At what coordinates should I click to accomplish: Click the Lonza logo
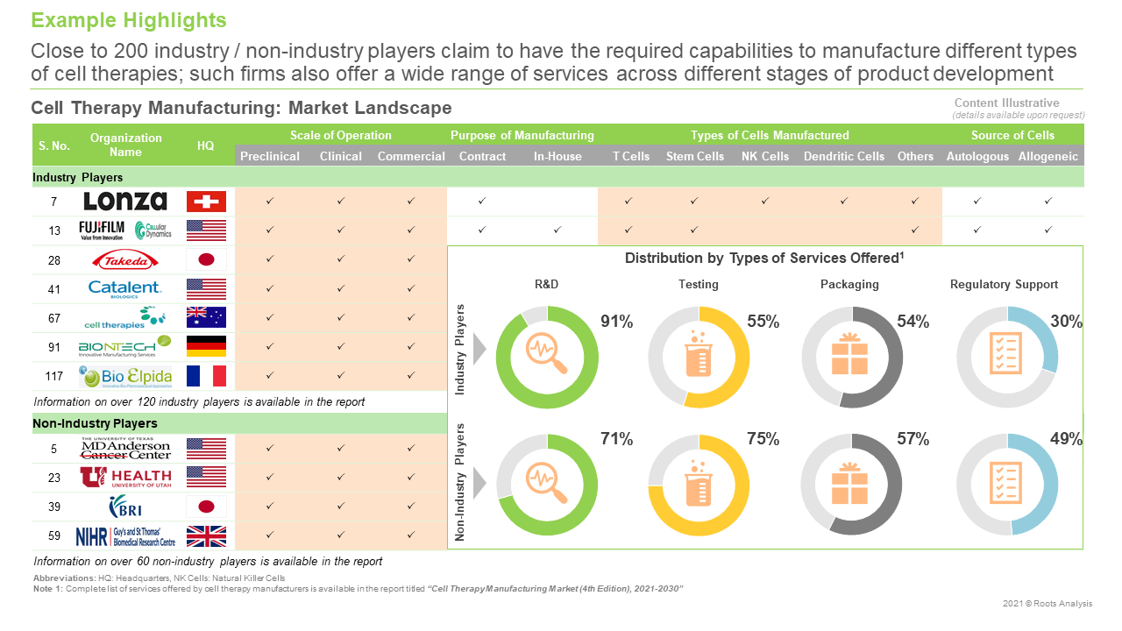125,202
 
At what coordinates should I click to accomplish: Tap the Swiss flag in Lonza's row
206,202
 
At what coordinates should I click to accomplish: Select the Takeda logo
125,259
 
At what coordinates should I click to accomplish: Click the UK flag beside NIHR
206,535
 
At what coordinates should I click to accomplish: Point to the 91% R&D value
616,322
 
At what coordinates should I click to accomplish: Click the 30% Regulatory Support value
1066,322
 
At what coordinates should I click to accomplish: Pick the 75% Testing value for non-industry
763,439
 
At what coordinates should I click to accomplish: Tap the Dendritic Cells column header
843,156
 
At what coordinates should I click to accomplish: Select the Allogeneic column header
1047,156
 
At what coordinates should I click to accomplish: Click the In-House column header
557,156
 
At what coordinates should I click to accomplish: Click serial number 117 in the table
53,377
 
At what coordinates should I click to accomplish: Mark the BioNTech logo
125,346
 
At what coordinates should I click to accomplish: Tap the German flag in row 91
206,346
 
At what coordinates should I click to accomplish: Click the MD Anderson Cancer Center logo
125,449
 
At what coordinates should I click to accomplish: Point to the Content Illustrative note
1019,103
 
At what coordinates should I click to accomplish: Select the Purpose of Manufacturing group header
522,135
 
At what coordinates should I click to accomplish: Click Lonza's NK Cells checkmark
764,202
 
